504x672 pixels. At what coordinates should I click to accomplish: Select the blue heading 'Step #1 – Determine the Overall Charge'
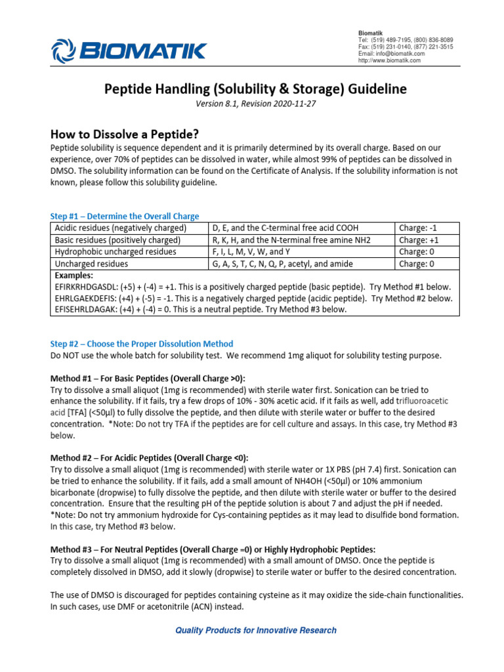click(125, 216)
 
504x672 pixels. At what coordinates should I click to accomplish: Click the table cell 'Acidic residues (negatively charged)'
click(121, 228)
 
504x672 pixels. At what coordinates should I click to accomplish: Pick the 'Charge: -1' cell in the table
click(417, 228)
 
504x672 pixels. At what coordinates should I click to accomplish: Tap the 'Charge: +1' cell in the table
click(418, 240)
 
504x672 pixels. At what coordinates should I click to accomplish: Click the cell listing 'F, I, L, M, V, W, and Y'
click(257, 251)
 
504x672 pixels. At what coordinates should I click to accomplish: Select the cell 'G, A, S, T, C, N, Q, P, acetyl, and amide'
click(282, 263)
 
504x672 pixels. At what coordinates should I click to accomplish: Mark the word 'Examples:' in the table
click(74, 276)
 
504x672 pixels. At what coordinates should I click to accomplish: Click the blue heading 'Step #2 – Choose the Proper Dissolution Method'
click(142, 344)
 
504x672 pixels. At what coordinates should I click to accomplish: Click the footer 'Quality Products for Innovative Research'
click(255, 630)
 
